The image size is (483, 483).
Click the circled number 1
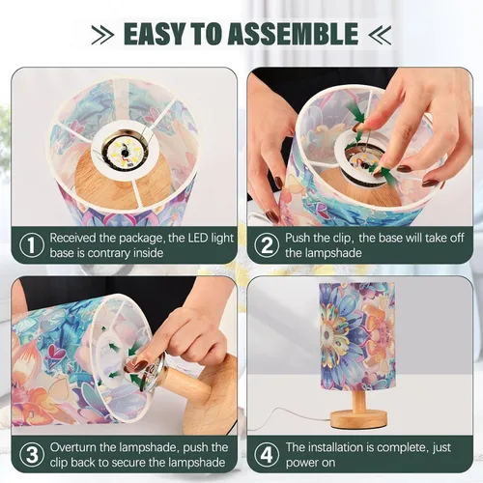coord(32,245)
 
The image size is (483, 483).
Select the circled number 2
coord(267,245)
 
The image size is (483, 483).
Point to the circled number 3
coord(32,455)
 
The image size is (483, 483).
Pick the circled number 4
coord(267,455)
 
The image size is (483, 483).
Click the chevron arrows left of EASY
coord(102,34)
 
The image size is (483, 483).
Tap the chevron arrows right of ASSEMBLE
coord(380,34)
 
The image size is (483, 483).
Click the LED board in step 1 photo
coord(124,153)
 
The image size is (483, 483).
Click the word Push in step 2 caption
coord(298,239)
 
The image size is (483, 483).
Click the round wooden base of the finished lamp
coord(358,418)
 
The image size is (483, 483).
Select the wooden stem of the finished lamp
coord(358,400)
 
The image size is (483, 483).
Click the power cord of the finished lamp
coord(287,415)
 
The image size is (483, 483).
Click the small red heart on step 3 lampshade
coord(55,352)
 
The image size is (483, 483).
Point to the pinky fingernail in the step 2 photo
coord(430,183)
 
